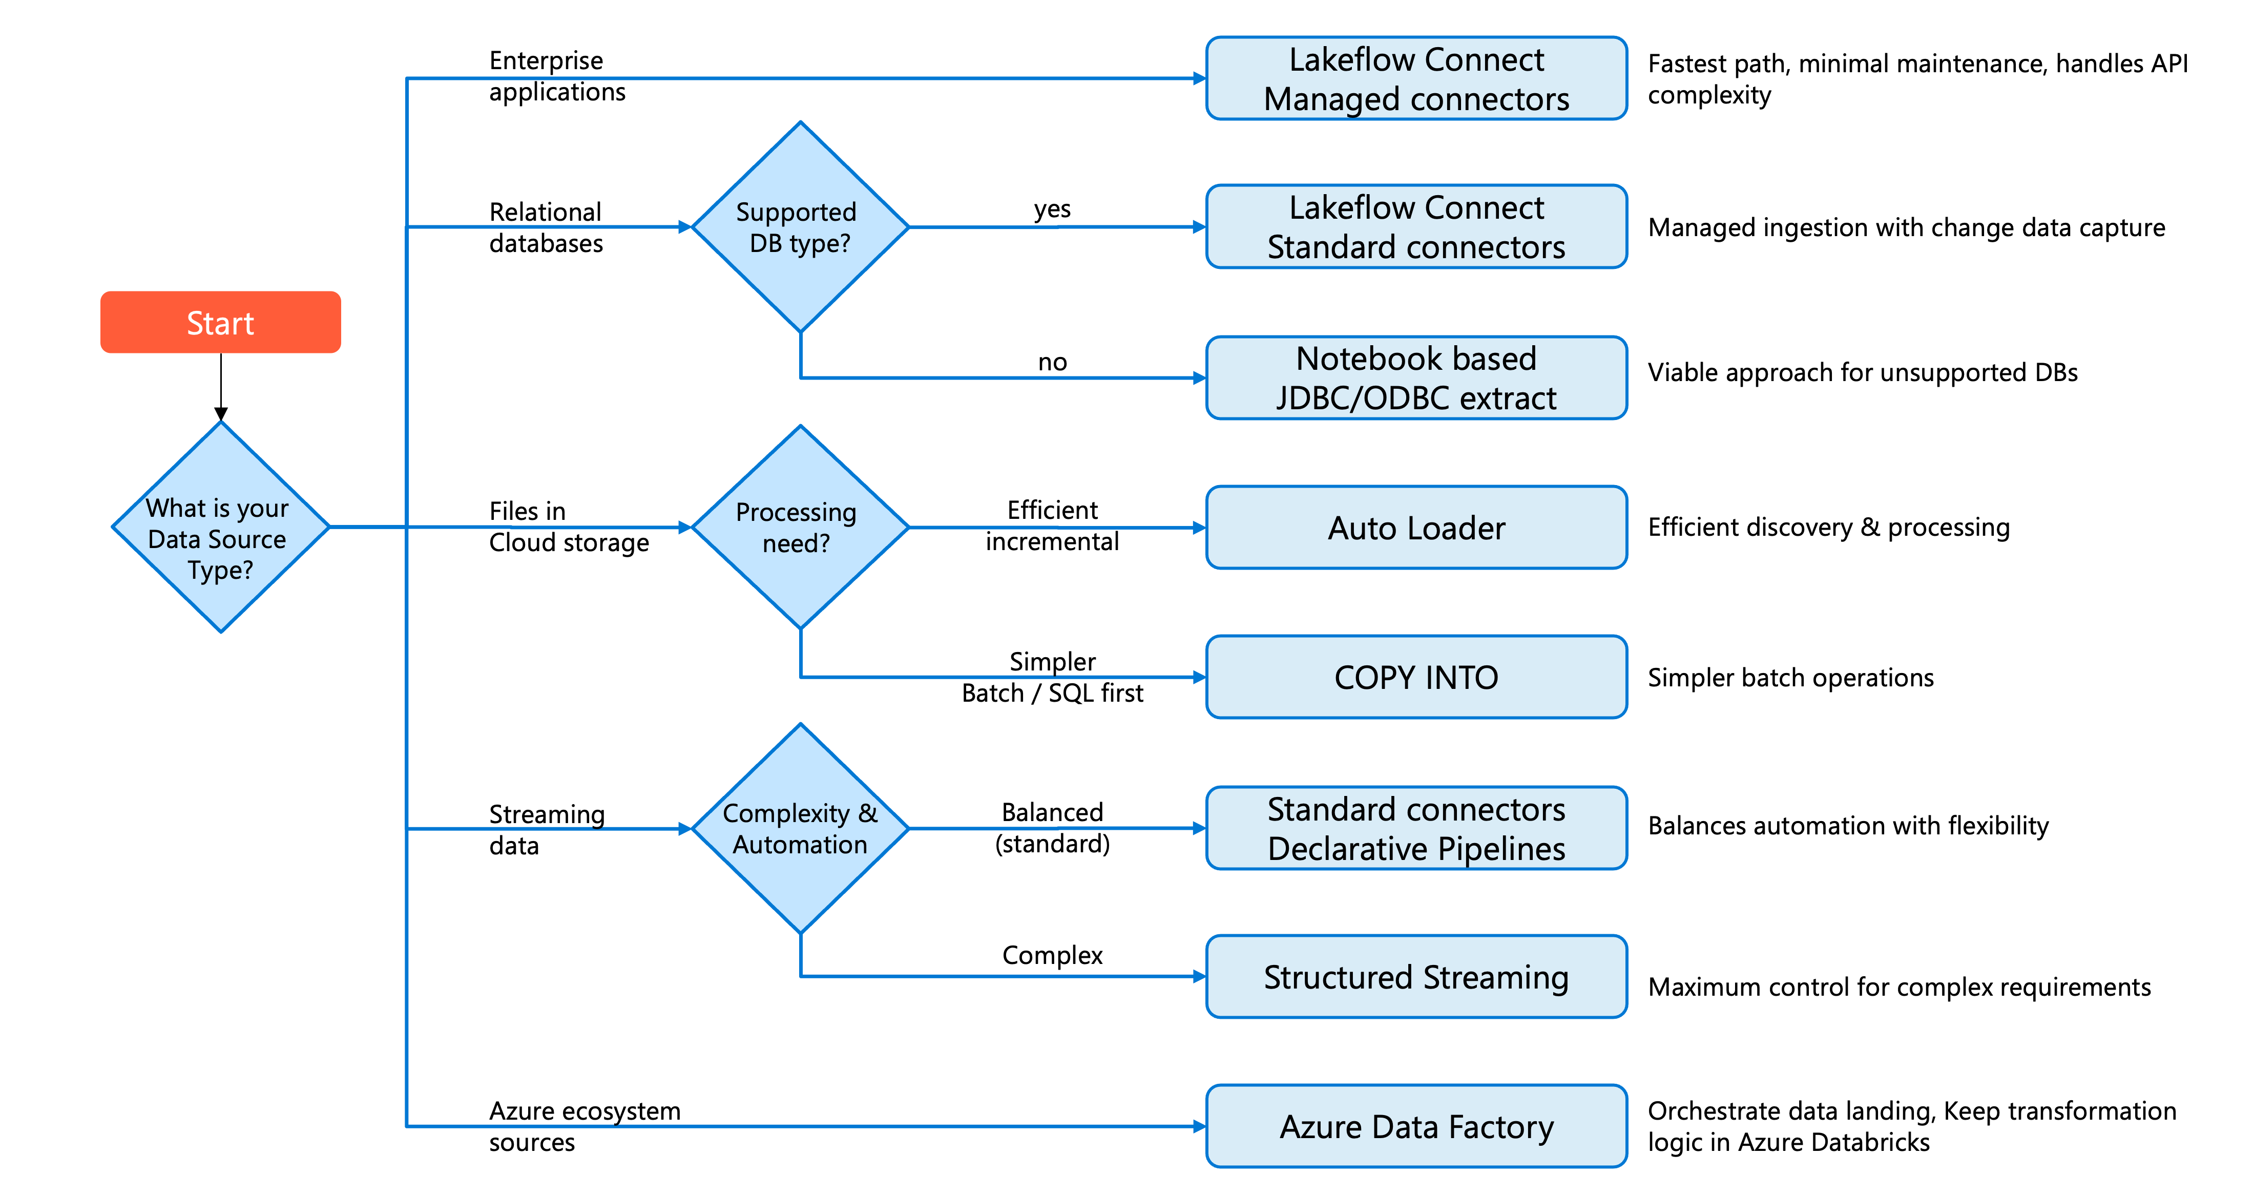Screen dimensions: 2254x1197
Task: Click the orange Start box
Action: pos(220,322)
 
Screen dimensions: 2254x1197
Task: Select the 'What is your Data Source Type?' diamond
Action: pos(220,527)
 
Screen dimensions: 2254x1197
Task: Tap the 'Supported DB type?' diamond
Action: pos(800,226)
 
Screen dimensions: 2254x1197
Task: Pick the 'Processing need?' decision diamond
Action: pos(800,527)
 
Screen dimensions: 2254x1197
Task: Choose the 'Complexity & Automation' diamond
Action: pos(800,828)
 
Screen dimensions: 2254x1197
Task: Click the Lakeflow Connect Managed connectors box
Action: pos(1416,78)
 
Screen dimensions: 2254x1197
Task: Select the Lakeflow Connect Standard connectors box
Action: pos(1416,226)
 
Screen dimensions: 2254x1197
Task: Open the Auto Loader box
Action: pos(1416,528)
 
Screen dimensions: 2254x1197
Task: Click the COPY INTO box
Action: pos(1416,677)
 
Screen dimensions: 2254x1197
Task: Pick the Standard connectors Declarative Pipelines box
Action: pos(1416,828)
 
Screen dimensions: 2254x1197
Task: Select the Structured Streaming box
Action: pos(1416,976)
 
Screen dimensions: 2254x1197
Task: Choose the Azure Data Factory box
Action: pos(1416,1126)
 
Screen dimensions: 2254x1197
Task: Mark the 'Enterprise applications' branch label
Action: pos(557,76)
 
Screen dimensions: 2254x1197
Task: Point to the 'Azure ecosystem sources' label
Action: pos(585,1126)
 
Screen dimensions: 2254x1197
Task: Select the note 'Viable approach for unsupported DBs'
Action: pos(1863,373)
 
